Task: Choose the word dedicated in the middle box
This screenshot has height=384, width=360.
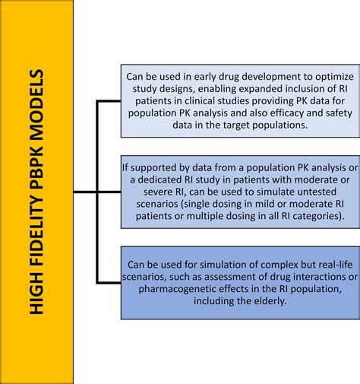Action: pos(159,179)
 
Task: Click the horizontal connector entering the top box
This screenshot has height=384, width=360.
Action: pos(109,101)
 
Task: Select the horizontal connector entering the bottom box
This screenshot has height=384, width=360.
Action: pos(109,283)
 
